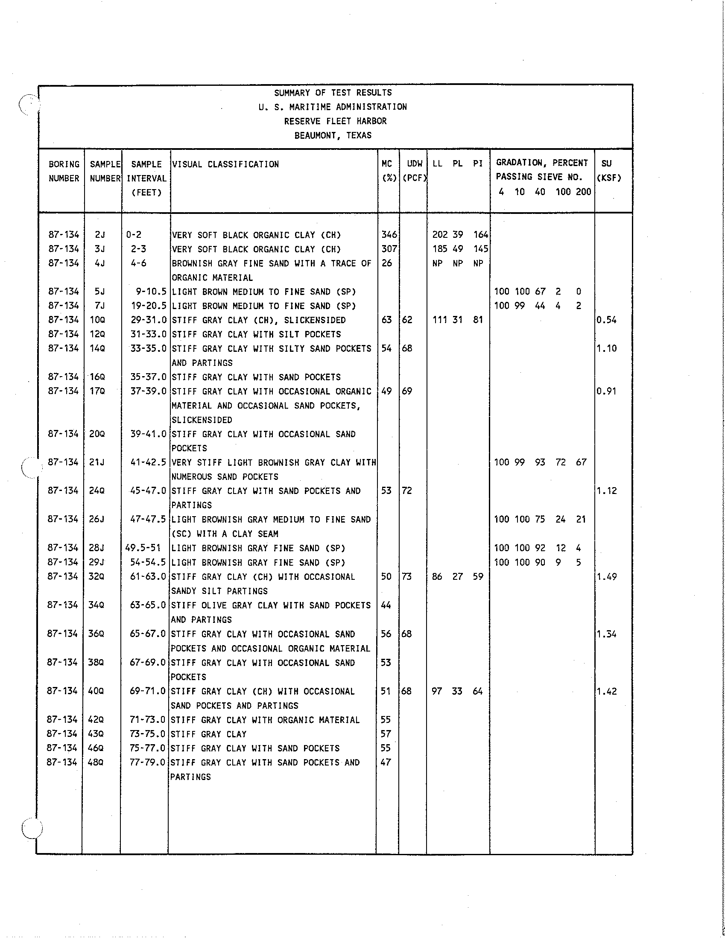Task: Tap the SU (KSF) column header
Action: [608, 170]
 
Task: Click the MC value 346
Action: [389, 234]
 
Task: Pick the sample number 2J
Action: [99, 234]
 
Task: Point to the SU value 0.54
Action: [606, 320]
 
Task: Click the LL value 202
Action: [440, 234]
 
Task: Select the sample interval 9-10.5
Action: [151, 292]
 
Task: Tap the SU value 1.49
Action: [606, 576]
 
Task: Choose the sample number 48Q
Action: [96, 762]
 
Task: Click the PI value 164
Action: [481, 234]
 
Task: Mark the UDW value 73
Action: [407, 576]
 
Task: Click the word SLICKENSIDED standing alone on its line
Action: [202, 420]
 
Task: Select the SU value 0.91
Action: [606, 391]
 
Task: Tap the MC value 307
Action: [389, 248]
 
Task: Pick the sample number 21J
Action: [96, 462]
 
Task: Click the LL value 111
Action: [440, 320]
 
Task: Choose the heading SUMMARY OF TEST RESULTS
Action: [333, 92]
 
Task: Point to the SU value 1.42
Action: [606, 691]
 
